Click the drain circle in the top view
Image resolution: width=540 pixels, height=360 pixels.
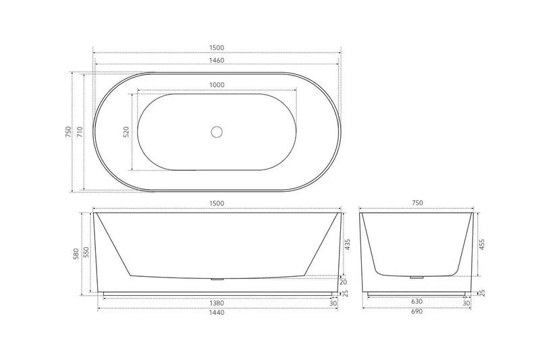tap(217, 131)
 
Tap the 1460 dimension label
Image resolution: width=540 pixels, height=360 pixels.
tap(217, 60)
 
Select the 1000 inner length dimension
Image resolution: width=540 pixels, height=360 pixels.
tap(217, 84)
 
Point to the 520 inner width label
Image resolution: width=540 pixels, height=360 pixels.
tap(126, 131)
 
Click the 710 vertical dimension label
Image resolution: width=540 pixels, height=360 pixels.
tap(79, 131)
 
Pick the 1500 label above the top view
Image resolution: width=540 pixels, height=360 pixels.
tap(217, 47)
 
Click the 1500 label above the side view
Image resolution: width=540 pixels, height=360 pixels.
tap(217, 204)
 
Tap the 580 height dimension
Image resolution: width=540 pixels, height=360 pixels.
tap(77, 253)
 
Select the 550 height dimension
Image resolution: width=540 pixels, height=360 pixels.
tap(86, 252)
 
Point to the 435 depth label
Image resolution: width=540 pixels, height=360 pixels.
tap(347, 245)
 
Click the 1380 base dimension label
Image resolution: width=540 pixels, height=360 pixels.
tap(217, 304)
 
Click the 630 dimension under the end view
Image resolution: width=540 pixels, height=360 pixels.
tap(414, 304)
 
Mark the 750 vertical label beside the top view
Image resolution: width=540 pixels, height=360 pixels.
tap(67, 131)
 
